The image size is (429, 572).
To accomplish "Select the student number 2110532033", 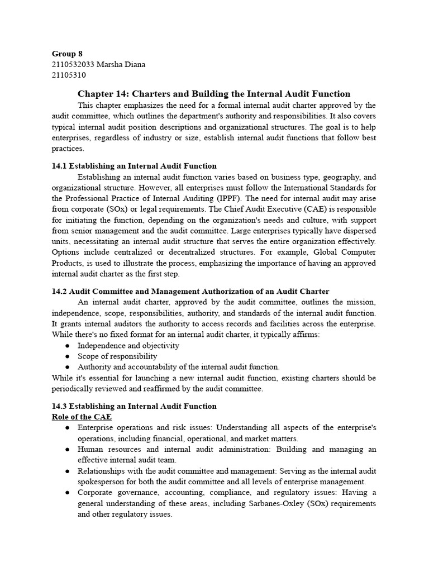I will [74, 64].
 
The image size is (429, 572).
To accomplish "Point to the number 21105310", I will [69, 75].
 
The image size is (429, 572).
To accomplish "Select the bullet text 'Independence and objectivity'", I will [128, 345].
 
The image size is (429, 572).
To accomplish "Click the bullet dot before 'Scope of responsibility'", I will [67, 356].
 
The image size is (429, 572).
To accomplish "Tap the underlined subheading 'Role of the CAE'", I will [82, 417].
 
